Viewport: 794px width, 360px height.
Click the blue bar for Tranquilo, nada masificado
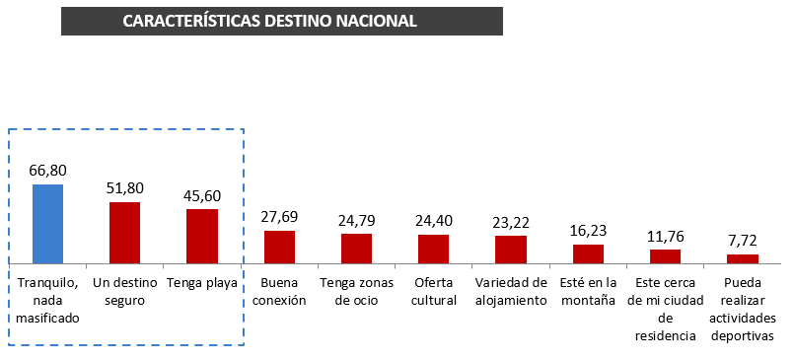point(48,223)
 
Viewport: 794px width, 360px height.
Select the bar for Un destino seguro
point(124,232)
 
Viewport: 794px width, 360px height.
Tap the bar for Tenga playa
point(201,235)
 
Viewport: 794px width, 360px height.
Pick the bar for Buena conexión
point(279,246)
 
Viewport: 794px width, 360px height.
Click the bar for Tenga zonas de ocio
point(356,248)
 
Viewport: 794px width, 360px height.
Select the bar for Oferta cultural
point(433,248)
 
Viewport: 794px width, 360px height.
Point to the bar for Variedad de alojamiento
point(511,249)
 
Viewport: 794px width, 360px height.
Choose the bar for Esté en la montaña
point(588,252)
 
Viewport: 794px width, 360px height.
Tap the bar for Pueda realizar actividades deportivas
point(743,257)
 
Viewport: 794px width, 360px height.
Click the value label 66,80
point(48,170)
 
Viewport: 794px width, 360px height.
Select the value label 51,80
point(124,187)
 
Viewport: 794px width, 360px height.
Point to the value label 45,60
point(201,195)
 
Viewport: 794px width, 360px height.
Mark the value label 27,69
point(279,217)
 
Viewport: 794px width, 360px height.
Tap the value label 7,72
point(743,240)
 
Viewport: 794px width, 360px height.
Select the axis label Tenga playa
point(201,283)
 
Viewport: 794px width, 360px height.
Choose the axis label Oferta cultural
point(433,291)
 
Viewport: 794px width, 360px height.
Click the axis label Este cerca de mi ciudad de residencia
point(665,309)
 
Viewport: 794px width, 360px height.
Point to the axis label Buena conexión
point(279,291)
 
